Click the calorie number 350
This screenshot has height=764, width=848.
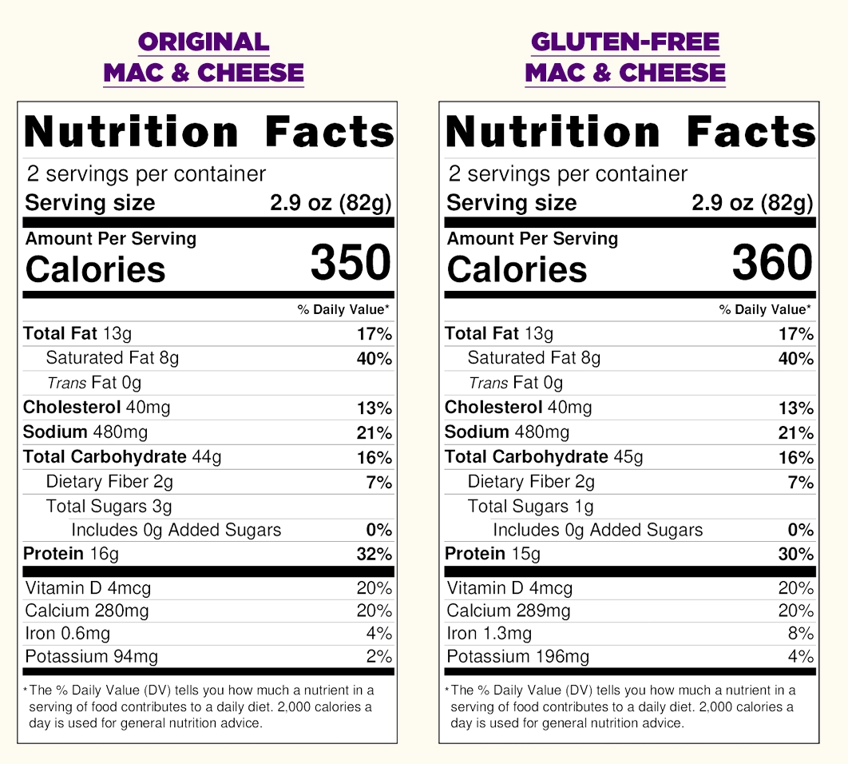pyautogui.click(x=351, y=263)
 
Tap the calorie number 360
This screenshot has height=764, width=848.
pyautogui.click(x=772, y=263)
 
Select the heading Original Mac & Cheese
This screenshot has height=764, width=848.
pyautogui.click(x=204, y=58)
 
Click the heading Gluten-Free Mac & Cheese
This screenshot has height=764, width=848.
pyautogui.click(x=625, y=58)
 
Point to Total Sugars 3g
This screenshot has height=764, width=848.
pyautogui.click(x=109, y=506)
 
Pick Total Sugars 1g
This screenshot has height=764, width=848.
pyautogui.click(x=530, y=506)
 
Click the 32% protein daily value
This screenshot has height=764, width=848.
pyautogui.click(x=374, y=555)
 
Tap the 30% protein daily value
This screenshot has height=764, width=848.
pyautogui.click(x=795, y=555)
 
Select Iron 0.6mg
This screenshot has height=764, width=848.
pyautogui.click(x=68, y=634)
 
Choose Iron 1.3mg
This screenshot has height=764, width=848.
pyautogui.click(x=489, y=634)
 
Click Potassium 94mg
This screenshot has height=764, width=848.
pyautogui.click(x=92, y=657)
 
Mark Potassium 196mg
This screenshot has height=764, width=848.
pyautogui.click(x=518, y=657)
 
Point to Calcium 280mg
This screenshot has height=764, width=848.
pyautogui.click(x=87, y=611)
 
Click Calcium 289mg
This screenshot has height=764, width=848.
pyautogui.click(x=509, y=611)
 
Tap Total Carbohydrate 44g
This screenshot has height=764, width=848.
pyautogui.click(x=122, y=457)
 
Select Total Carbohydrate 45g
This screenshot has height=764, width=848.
pyautogui.click(x=544, y=457)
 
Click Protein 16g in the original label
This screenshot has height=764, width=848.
pyautogui.click(x=71, y=554)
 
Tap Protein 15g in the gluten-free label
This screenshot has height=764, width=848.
pyautogui.click(x=493, y=554)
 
